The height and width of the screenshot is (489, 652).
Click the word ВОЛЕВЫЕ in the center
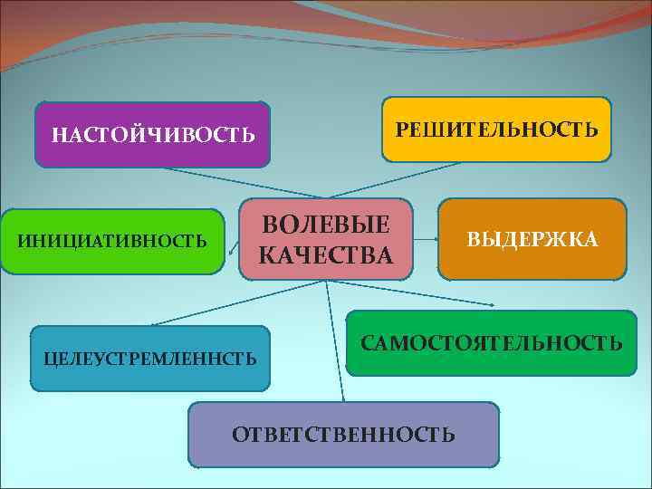pyautogui.click(x=325, y=225)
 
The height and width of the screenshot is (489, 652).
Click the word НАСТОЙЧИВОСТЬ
pyautogui.click(x=153, y=135)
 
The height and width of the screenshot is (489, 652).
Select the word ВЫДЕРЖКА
pyautogui.click(x=532, y=239)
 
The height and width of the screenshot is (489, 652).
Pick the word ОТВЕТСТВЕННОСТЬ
pyautogui.click(x=343, y=435)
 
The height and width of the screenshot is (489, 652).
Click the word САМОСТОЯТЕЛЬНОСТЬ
pyautogui.click(x=492, y=343)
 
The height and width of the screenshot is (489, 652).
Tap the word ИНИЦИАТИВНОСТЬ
pyautogui.click(x=112, y=242)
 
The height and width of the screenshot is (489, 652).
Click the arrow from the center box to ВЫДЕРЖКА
pyautogui.click(x=426, y=241)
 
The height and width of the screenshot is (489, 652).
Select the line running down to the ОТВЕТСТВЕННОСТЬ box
pyautogui.click(x=334, y=344)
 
